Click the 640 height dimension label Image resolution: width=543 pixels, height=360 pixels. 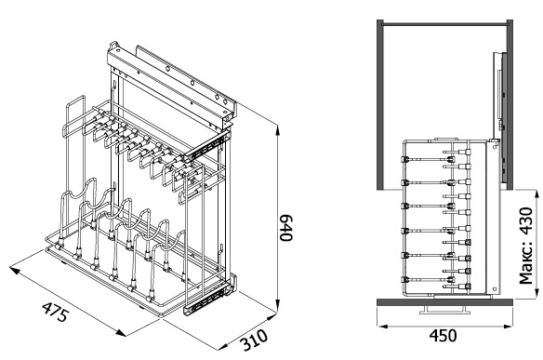[286, 228]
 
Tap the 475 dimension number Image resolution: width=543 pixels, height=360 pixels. [56, 312]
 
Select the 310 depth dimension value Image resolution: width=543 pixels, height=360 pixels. [255, 340]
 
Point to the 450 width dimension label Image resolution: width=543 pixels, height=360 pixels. [443, 336]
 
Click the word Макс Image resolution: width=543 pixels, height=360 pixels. [526, 262]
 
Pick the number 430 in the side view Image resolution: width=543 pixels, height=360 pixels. [526, 221]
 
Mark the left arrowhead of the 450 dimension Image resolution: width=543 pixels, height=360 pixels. [382, 326]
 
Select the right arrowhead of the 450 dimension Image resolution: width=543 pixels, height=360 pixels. [508, 326]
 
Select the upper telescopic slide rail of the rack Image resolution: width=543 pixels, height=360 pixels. [207, 145]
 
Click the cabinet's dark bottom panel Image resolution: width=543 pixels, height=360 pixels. [444, 302]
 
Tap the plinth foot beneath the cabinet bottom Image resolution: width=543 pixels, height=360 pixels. [443, 310]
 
